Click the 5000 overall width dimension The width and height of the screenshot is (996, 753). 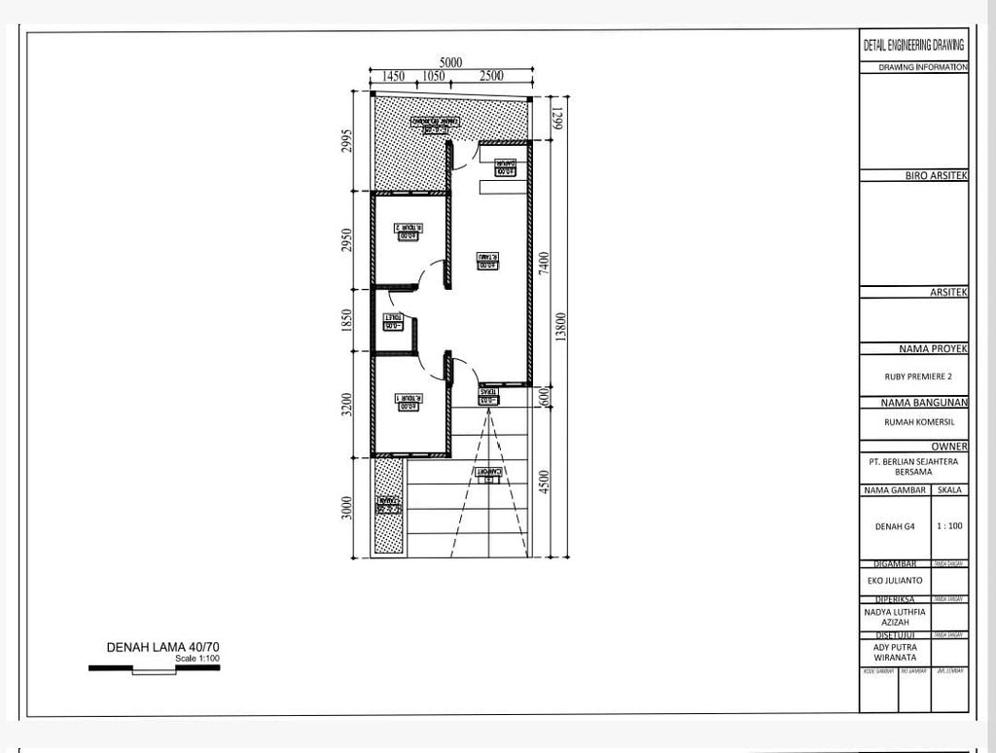point(449,62)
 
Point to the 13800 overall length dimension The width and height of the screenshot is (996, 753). point(560,327)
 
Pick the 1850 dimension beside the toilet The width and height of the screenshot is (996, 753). point(347,320)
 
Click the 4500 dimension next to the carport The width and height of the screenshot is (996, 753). point(544,483)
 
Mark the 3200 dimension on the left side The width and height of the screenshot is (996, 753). point(347,404)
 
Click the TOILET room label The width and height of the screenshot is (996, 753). point(394,320)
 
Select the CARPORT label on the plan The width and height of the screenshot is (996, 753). point(489,474)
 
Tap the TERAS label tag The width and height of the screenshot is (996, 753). point(489,395)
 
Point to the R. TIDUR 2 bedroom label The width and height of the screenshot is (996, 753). point(407,232)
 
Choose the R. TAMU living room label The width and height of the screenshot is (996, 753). point(486,261)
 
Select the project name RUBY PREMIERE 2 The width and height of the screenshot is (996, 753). point(912,374)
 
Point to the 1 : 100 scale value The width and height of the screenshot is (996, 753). point(949,526)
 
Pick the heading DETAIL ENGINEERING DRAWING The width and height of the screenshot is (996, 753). point(913,45)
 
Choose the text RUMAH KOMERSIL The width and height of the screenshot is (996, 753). point(912,422)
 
